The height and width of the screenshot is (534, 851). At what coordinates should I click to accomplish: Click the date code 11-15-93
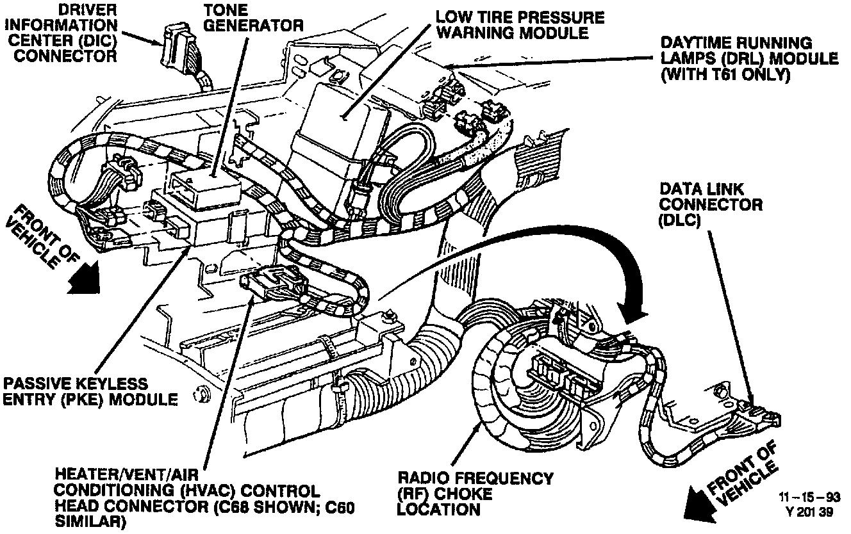tap(809, 498)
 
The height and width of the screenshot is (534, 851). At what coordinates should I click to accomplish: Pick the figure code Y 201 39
tap(811, 512)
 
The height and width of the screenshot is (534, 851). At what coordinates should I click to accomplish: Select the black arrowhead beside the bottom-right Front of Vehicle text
tap(701, 506)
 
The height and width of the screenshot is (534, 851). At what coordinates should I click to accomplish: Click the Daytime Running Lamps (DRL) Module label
tap(749, 58)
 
